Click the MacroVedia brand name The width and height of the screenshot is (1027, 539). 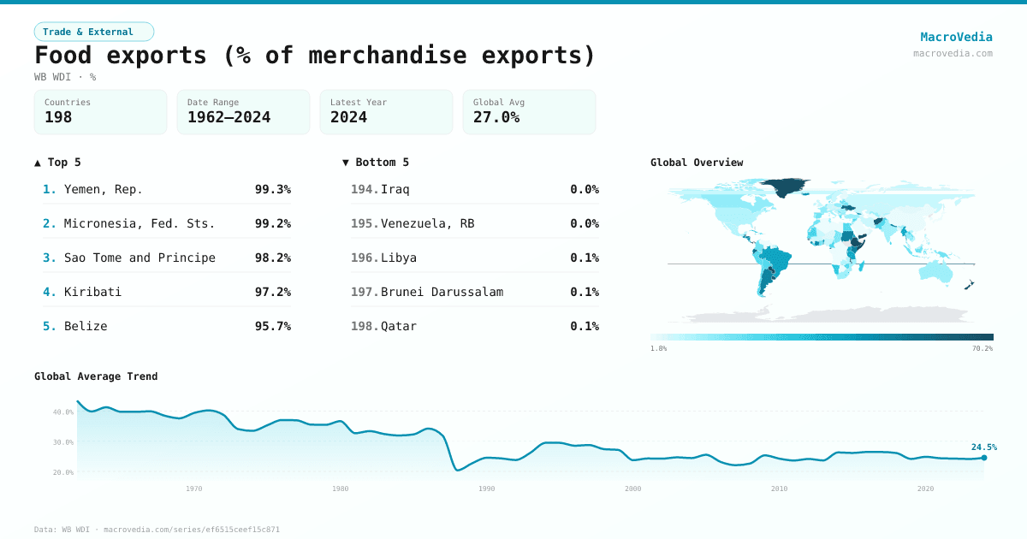(x=956, y=37)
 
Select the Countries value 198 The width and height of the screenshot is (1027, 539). (x=58, y=117)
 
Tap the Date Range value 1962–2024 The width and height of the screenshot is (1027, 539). (x=229, y=117)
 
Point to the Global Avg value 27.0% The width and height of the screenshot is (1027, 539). (x=496, y=117)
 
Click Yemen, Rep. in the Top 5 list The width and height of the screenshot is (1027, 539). (x=104, y=189)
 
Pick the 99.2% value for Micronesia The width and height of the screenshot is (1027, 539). (x=272, y=223)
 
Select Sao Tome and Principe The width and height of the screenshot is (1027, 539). (x=140, y=258)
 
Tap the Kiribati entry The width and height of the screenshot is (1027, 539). (x=92, y=292)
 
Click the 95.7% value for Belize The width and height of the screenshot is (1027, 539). (x=272, y=326)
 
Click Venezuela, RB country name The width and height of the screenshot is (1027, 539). (x=427, y=223)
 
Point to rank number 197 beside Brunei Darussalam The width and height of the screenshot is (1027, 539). (x=364, y=292)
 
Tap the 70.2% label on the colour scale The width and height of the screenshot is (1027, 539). (x=982, y=348)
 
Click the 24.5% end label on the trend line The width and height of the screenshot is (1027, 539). (x=983, y=447)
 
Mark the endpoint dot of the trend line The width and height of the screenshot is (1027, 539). (x=984, y=458)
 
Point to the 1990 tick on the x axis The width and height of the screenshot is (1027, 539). (x=487, y=489)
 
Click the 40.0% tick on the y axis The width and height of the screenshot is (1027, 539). (x=63, y=412)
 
